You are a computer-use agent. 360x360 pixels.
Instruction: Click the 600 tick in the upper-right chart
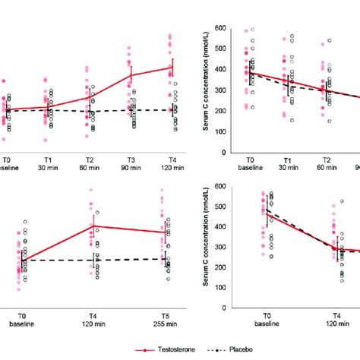220,29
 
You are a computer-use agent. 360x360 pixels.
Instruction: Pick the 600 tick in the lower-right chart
220,187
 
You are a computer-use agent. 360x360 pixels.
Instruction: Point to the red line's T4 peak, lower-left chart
95,226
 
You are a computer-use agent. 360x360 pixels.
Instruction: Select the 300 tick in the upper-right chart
220,90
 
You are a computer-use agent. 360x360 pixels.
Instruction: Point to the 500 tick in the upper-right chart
220,49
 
